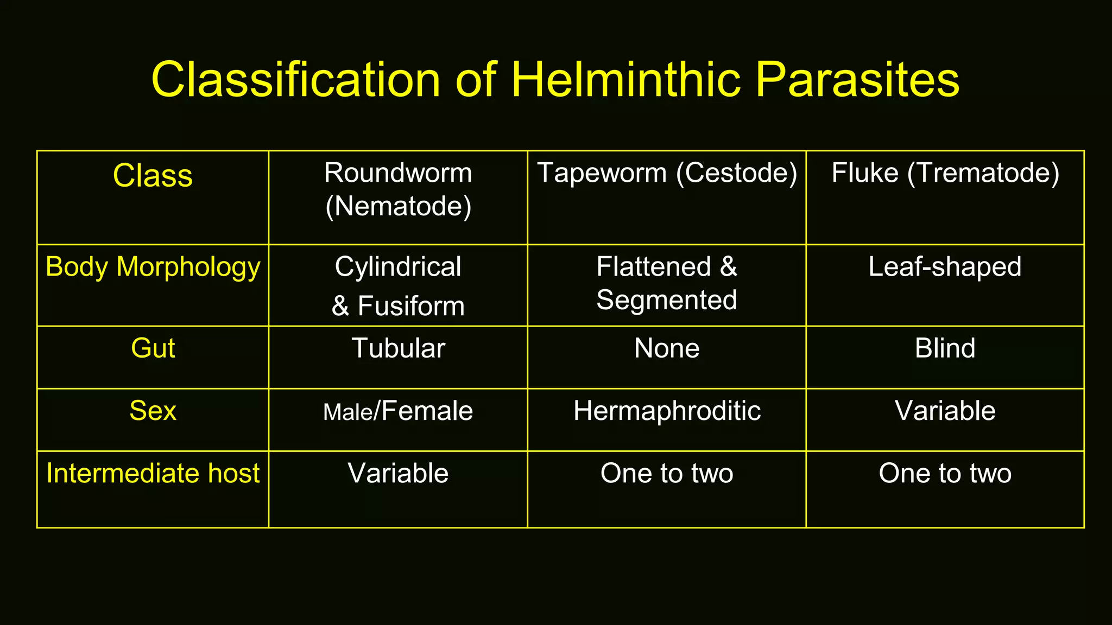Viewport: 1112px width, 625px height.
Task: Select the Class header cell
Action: coord(153,176)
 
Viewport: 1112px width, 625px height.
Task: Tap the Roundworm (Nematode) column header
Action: coord(398,189)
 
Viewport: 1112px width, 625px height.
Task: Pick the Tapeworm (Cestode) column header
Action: coord(667,173)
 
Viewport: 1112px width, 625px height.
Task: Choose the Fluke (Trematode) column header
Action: coord(945,173)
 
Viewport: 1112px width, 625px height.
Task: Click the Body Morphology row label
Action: coord(153,267)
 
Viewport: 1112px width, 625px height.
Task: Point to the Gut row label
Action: coord(153,348)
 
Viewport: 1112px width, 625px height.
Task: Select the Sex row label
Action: coord(153,411)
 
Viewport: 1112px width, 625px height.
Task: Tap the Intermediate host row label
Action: coord(153,473)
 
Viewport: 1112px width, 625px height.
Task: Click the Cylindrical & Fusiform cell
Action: coord(398,286)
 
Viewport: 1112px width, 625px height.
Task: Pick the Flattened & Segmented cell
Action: coord(667,283)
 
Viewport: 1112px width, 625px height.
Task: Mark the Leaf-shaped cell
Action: coord(945,267)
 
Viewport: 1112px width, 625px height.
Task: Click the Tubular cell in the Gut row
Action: coord(398,348)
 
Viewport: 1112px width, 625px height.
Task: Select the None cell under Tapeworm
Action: coord(667,348)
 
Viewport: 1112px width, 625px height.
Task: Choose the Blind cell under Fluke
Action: coord(945,348)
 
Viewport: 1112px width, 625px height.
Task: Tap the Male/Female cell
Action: coord(398,411)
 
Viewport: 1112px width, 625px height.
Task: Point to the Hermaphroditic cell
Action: coord(667,411)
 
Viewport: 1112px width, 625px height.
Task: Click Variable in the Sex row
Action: coord(945,411)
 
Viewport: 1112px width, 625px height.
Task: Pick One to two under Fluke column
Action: coord(945,473)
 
